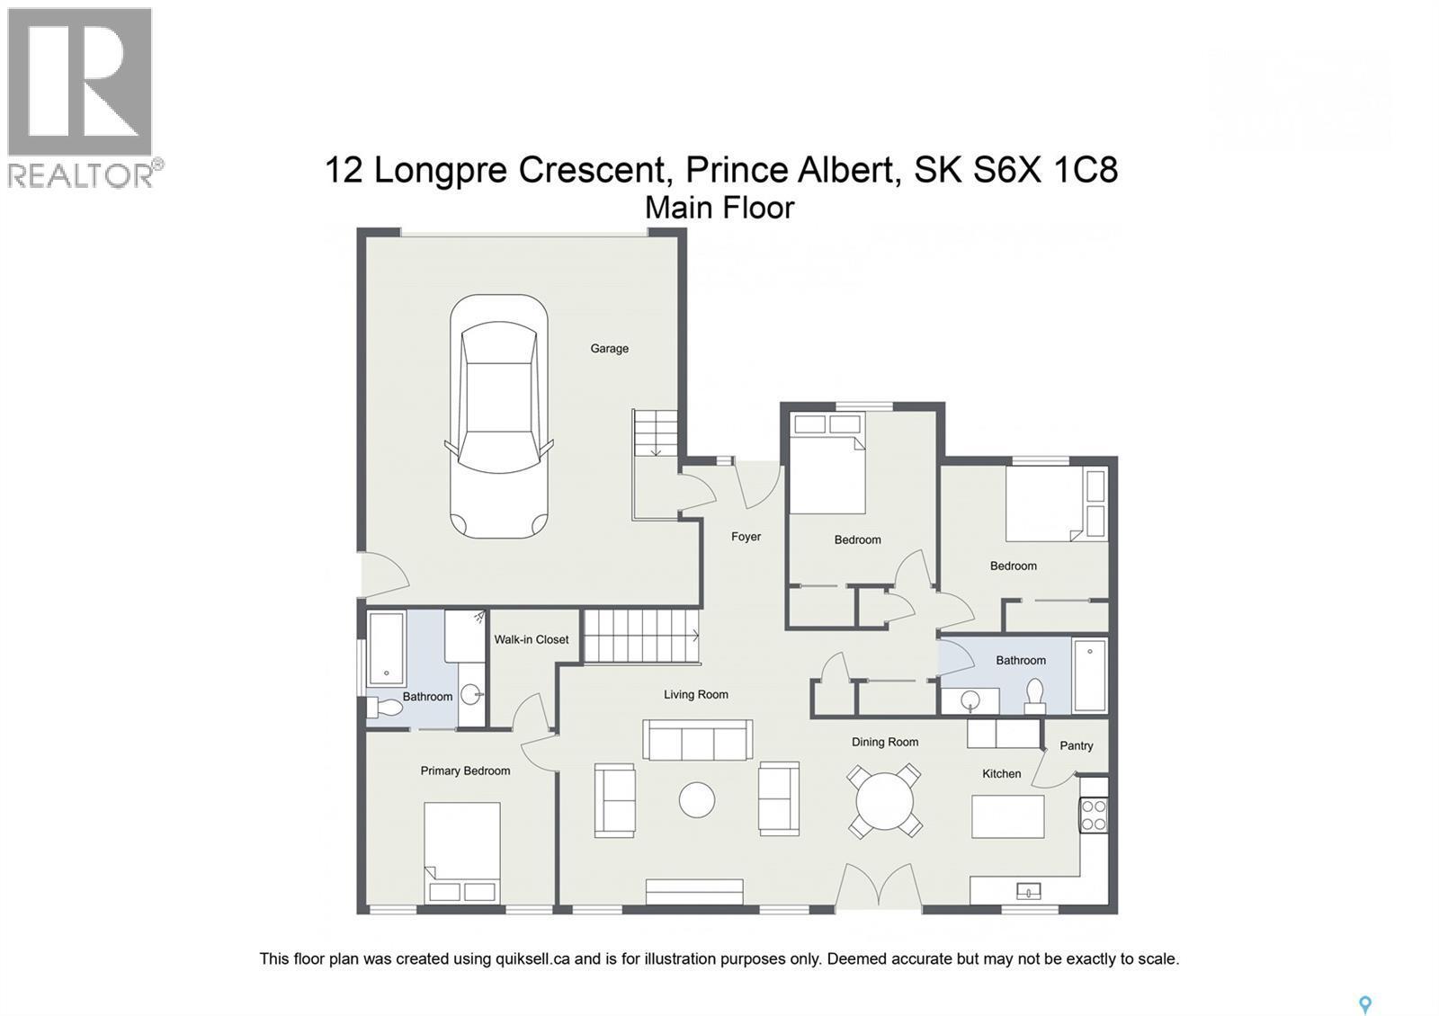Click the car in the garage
coord(498,417)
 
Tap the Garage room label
coord(609,349)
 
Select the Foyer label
coord(746,537)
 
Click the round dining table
coord(885,800)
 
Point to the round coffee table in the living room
coord(697,799)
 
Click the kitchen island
coord(1007,816)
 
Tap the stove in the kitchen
coord(1094,815)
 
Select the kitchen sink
coord(1028,891)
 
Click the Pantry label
coord(1076,745)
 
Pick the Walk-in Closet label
coord(531,639)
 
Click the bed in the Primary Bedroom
coord(462,851)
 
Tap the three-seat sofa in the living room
coord(697,741)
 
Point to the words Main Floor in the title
coord(719,208)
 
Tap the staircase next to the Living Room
coord(642,637)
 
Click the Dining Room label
coord(885,742)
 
